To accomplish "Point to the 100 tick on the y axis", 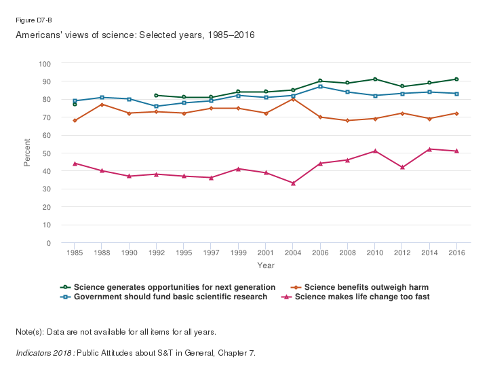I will pos(45,64).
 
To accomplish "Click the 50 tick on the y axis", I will pos(47,153).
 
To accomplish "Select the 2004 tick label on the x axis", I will pos(293,253).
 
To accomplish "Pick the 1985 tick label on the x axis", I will pos(75,253).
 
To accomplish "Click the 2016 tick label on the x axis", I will pos(456,253).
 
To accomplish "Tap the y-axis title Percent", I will pos(27,153).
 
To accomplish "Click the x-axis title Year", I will pos(266,265).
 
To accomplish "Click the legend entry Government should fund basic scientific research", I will pos(170,297).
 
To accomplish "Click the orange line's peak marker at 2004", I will pos(293,99).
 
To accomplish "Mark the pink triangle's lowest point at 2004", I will pos(293,183).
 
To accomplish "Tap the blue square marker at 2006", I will pos(320,86).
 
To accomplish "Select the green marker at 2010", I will pos(375,79).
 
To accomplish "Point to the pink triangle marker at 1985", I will pos(75,164).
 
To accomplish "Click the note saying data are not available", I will pos(115,332).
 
